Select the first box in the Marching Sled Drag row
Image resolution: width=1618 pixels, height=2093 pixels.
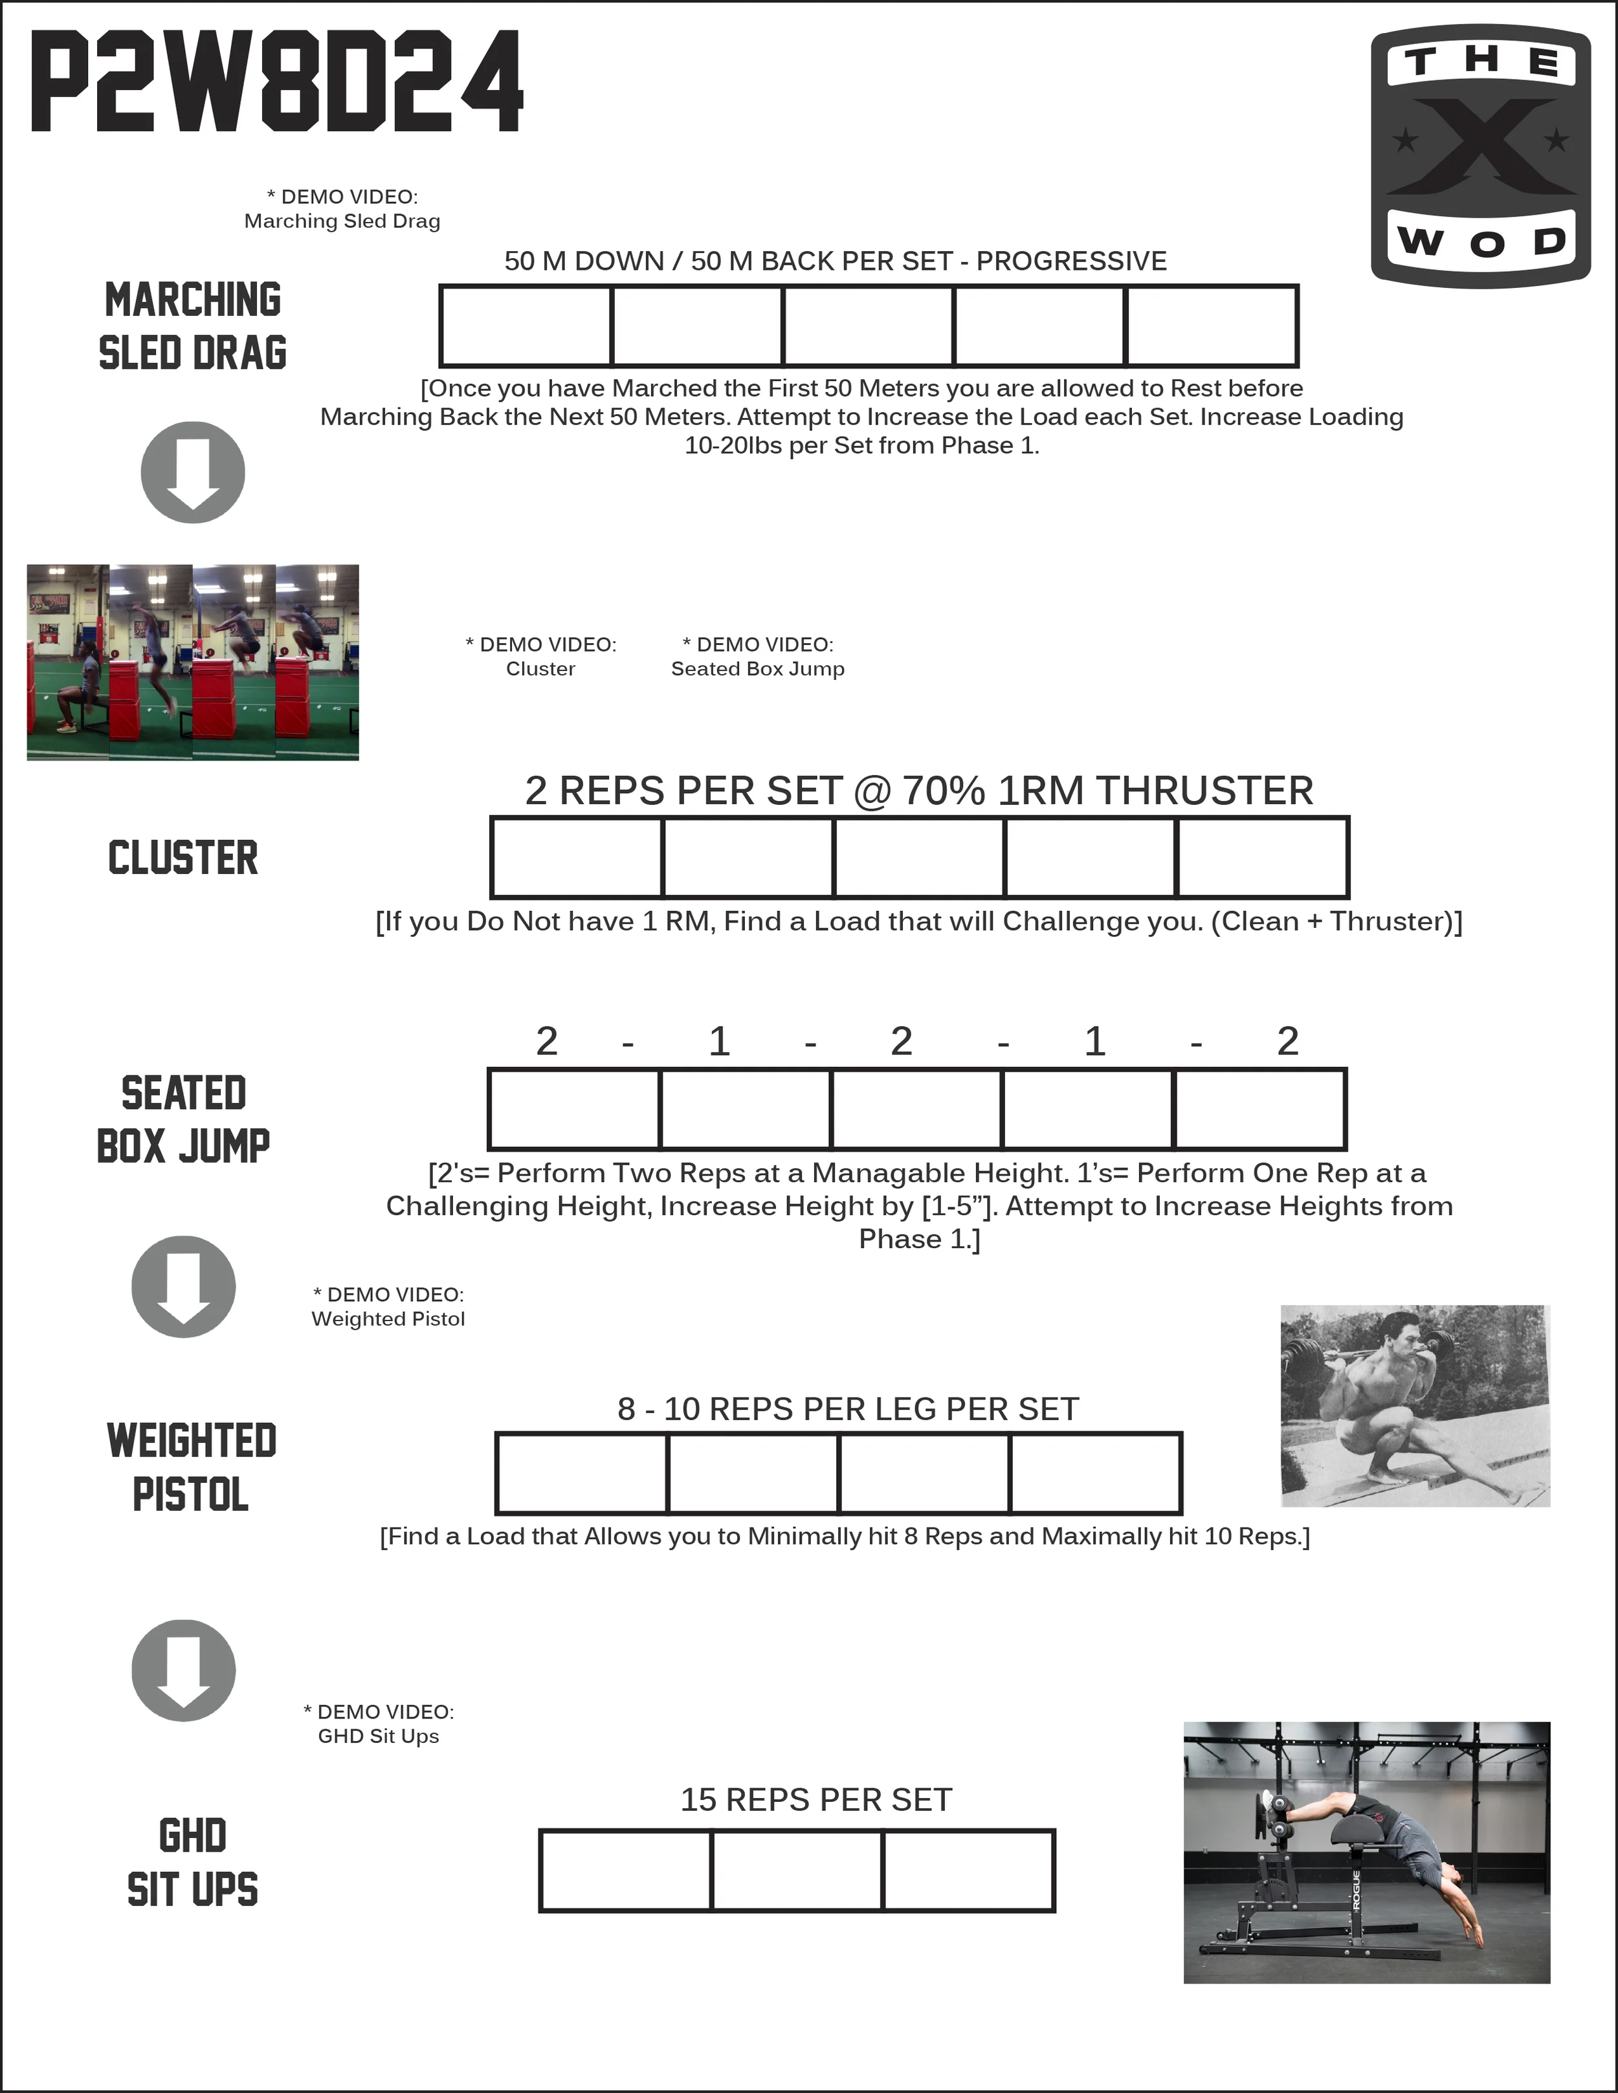click(x=526, y=326)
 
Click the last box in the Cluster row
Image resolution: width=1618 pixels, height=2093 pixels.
click(x=1263, y=858)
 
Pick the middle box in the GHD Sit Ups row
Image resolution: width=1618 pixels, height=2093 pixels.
click(x=797, y=1870)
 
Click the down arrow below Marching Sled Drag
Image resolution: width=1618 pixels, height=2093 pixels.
click(x=193, y=472)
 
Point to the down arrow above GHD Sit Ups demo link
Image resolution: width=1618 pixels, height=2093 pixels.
click(x=183, y=1671)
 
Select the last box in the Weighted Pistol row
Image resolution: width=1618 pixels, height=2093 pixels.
click(x=1096, y=1474)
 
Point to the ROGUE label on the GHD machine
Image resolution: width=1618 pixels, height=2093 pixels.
click(x=1355, y=1892)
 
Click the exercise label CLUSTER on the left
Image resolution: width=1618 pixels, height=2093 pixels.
click(x=183, y=858)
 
